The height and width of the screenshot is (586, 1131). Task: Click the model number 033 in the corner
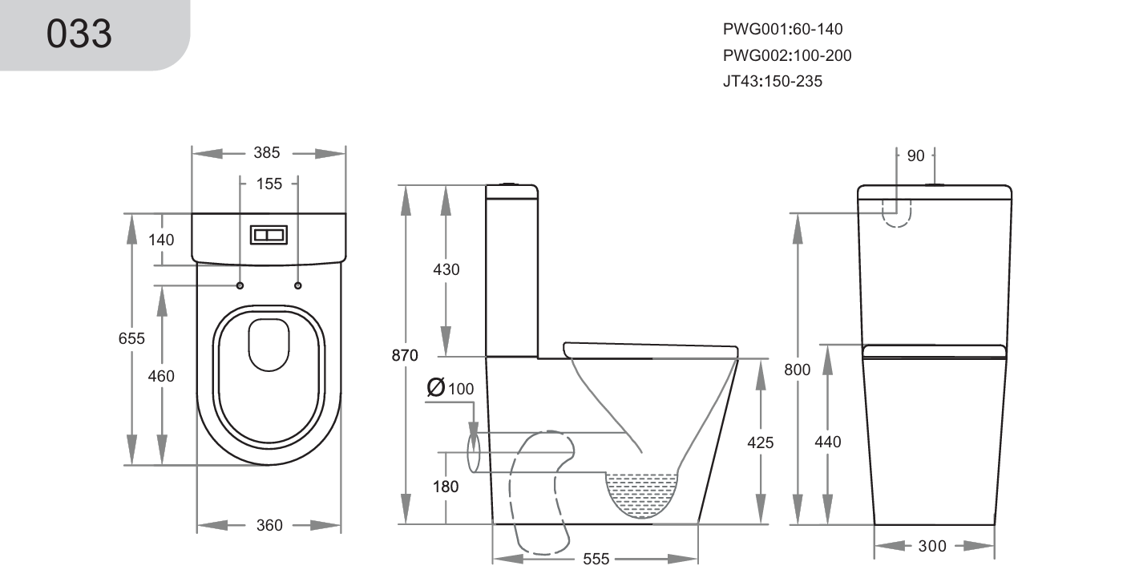(x=79, y=34)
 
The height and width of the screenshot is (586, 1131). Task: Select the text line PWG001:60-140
(x=782, y=30)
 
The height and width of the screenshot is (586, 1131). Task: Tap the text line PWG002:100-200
(x=787, y=55)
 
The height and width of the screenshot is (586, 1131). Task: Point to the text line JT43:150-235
(x=772, y=81)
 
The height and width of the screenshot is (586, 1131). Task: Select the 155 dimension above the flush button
(x=269, y=184)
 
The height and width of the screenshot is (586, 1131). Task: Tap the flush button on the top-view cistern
(x=269, y=234)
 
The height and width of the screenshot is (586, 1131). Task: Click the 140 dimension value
(x=160, y=240)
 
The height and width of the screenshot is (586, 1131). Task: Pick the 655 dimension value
(x=131, y=338)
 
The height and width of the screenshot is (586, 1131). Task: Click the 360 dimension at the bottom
(x=269, y=525)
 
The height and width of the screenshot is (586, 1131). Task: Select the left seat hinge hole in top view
(x=240, y=285)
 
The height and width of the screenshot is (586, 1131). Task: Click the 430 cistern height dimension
(x=446, y=269)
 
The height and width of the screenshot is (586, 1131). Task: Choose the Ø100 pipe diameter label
(x=451, y=388)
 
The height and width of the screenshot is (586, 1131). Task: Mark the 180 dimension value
(x=446, y=486)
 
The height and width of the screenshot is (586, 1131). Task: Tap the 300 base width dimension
(x=932, y=546)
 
